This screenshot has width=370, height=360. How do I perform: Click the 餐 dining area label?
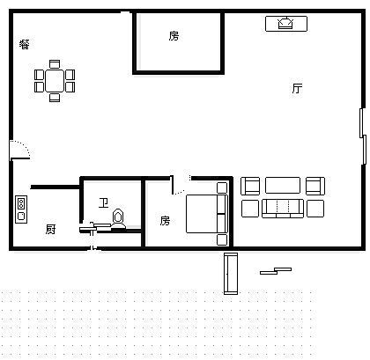pyautogui.click(x=25, y=44)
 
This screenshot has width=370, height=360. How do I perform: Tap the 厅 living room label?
pyautogui.click(x=297, y=88)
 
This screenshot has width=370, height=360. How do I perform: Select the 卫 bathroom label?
pyautogui.click(x=104, y=202)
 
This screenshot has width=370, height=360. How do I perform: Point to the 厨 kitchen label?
pyautogui.click(x=51, y=229)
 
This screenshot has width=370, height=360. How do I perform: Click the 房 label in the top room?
pyautogui.click(x=174, y=36)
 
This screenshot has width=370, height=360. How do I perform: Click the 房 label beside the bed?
pyautogui.click(x=165, y=221)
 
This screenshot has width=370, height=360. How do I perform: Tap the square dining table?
pyautogui.click(x=55, y=81)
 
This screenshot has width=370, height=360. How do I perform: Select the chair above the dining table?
pyautogui.click(x=55, y=64)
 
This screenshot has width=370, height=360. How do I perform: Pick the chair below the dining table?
pyautogui.click(x=55, y=98)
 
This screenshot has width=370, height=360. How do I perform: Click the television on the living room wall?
pyautogui.click(x=286, y=24)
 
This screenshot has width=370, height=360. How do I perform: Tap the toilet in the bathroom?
pyautogui.click(x=118, y=219)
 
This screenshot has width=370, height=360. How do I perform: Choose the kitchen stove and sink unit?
pyautogui.click(x=21, y=209)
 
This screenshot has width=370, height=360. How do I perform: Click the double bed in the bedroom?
pyautogui.click(x=207, y=214)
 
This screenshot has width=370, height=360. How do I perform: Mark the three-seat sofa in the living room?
pyautogui.click(x=283, y=209)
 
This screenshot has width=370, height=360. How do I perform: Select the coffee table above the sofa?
pyautogui.click(x=283, y=185)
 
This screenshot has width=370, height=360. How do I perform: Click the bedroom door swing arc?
pyautogui.click(x=179, y=192)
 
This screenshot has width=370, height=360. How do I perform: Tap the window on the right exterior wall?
pyautogui.click(x=363, y=136)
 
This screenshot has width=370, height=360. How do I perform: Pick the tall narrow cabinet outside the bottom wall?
pyautogui.click(x=231, y=274)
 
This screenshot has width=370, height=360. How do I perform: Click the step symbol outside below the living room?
pyautogui.click(x=276, y=271)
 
